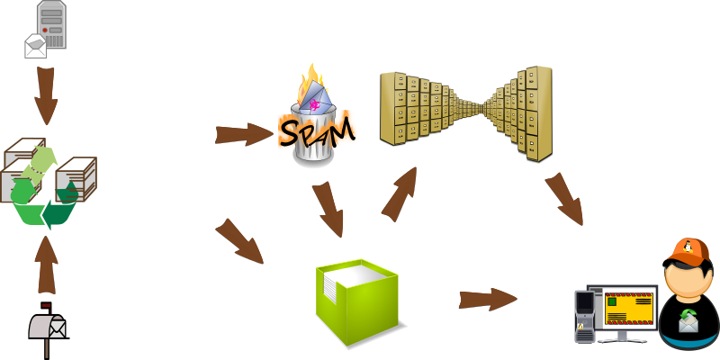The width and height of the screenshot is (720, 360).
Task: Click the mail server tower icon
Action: click(52, 25)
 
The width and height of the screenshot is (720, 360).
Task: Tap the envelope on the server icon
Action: click(35, 46)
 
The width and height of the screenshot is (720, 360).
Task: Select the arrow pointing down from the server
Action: click(46, 95)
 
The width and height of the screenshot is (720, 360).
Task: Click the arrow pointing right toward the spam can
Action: click(243, 135)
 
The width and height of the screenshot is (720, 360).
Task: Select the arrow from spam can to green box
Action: click(328, 209)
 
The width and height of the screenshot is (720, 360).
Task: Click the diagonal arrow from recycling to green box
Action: click(239, 241)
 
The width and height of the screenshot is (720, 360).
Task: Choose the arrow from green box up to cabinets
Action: click(400, 193)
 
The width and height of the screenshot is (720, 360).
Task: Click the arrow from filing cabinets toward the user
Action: click(564, 198)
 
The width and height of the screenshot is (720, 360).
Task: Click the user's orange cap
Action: click(688, 252)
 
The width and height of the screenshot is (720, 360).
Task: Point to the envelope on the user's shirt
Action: click(688, 320)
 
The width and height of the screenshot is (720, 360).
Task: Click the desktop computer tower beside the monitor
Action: click(585, 315)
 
